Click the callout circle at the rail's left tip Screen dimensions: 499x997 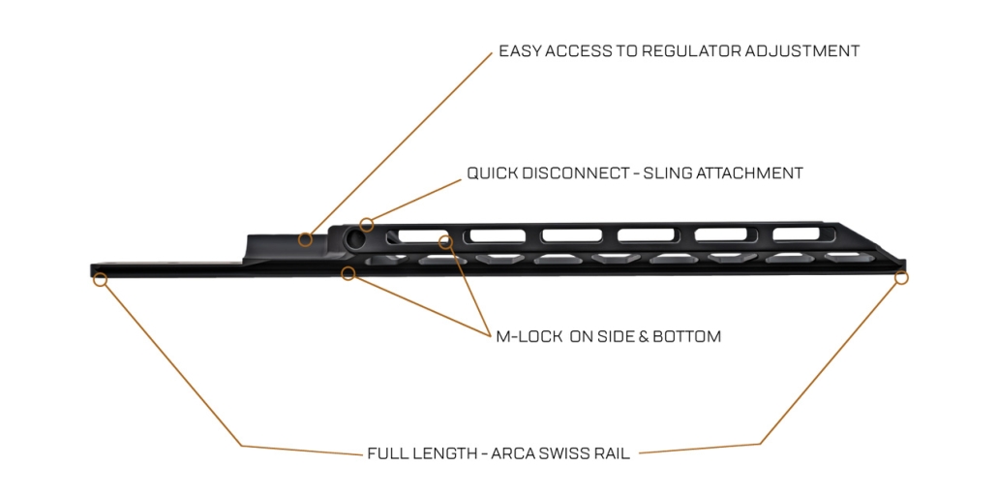(100, 279)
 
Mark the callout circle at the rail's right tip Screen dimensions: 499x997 (901, 278)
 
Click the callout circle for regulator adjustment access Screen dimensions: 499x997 (305, 238)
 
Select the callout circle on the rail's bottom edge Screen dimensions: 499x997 (348, 274)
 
